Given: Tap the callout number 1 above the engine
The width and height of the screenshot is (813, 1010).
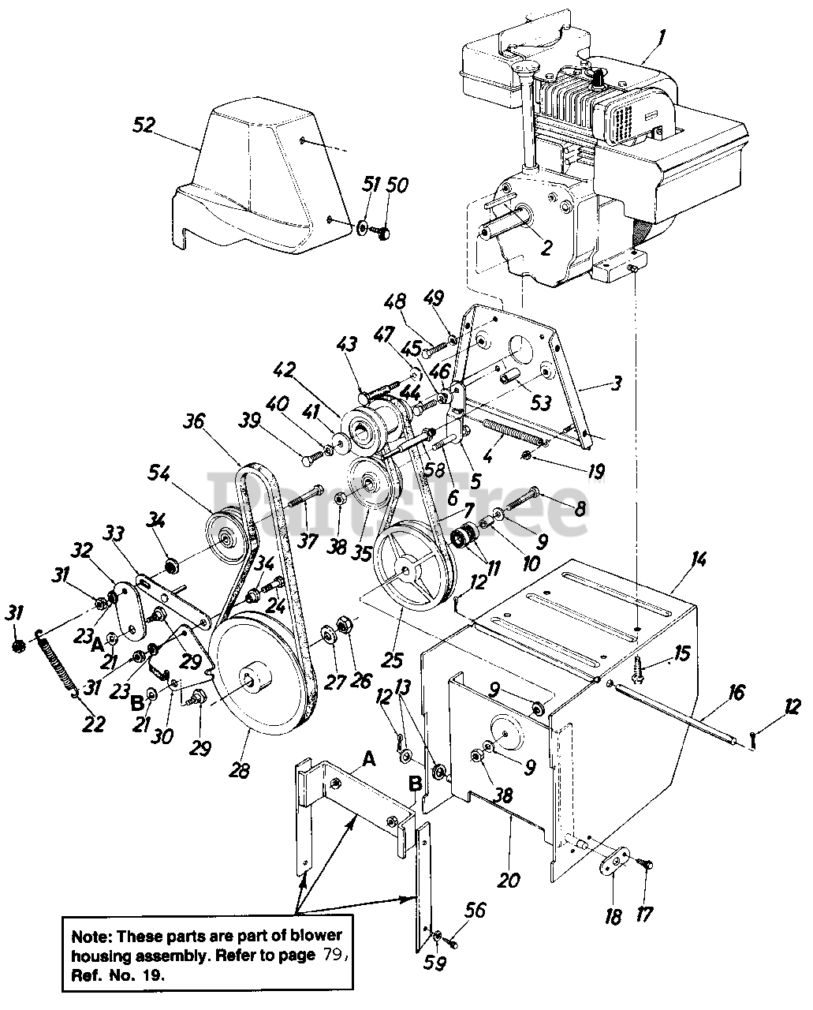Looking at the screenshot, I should click(x=662, y=35).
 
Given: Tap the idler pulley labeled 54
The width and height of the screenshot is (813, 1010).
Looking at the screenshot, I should click(x=228, y=536).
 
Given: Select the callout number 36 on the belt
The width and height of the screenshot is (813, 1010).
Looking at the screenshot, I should click(x=194, y=422).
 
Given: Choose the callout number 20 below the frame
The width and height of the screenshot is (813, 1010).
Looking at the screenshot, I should click(x=509, y=879).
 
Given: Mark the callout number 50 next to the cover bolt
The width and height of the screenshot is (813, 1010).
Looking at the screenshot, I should click(x=397, y=185).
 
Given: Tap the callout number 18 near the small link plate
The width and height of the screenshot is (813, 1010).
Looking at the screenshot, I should click(x=613, y=917).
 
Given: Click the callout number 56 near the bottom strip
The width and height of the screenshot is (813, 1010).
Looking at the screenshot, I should click(x=475, y=911).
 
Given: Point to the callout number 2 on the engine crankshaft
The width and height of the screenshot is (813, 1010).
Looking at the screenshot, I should click(x=546, y=249).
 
